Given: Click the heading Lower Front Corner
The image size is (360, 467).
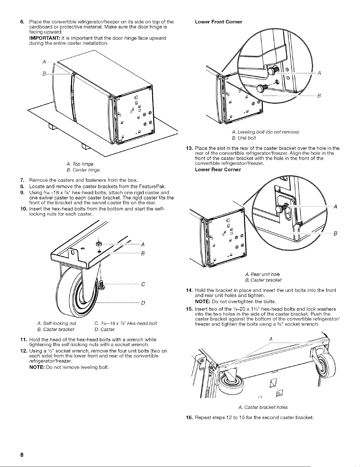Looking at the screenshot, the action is click(218, 22).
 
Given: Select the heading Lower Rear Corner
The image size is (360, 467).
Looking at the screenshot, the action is click(218, 170).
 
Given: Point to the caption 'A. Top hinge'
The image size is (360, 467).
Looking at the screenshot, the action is click(80, 164).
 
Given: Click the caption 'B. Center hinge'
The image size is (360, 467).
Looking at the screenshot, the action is click(83, 170).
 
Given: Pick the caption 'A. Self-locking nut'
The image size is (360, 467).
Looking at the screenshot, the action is click(57, 323).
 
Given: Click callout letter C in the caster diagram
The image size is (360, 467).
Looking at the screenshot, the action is click(143, 284).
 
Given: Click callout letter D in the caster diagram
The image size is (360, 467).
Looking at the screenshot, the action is click(143, 303).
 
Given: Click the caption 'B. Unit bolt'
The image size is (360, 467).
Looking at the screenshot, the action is click(244, 138).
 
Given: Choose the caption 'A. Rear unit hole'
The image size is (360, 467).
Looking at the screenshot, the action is click(262, 274).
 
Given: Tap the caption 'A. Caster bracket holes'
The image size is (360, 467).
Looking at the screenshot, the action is click(263, 407).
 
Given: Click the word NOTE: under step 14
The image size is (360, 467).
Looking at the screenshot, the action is click(203, 302).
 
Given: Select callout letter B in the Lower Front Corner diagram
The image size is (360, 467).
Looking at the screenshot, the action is click(319, 96).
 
